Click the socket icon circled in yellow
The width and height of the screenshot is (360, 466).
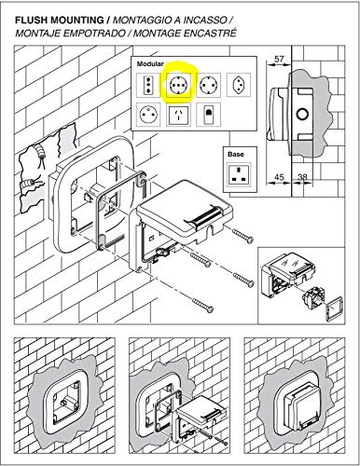(x=178, y=85)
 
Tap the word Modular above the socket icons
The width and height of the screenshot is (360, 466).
(x=150, y=64)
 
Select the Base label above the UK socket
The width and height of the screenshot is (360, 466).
(x=236, y=154)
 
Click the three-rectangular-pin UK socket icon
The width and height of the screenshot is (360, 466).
(x=239, y=175)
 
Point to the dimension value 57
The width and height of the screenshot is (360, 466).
(x=280, y=59)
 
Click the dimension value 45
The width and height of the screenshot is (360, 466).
(x=279, y=177)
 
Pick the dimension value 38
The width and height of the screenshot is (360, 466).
(x=302, y=177)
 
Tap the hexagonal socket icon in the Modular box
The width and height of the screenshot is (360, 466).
(x=239, y=85)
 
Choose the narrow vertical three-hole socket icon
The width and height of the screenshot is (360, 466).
(x=148, y=85)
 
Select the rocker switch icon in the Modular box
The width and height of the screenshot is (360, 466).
(x=208, y=115)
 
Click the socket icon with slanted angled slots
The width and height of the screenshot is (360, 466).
(x=178, y=115)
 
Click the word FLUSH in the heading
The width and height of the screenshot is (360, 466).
(x=32, y=21)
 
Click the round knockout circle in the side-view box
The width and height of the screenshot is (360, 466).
(x=302, y=115)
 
